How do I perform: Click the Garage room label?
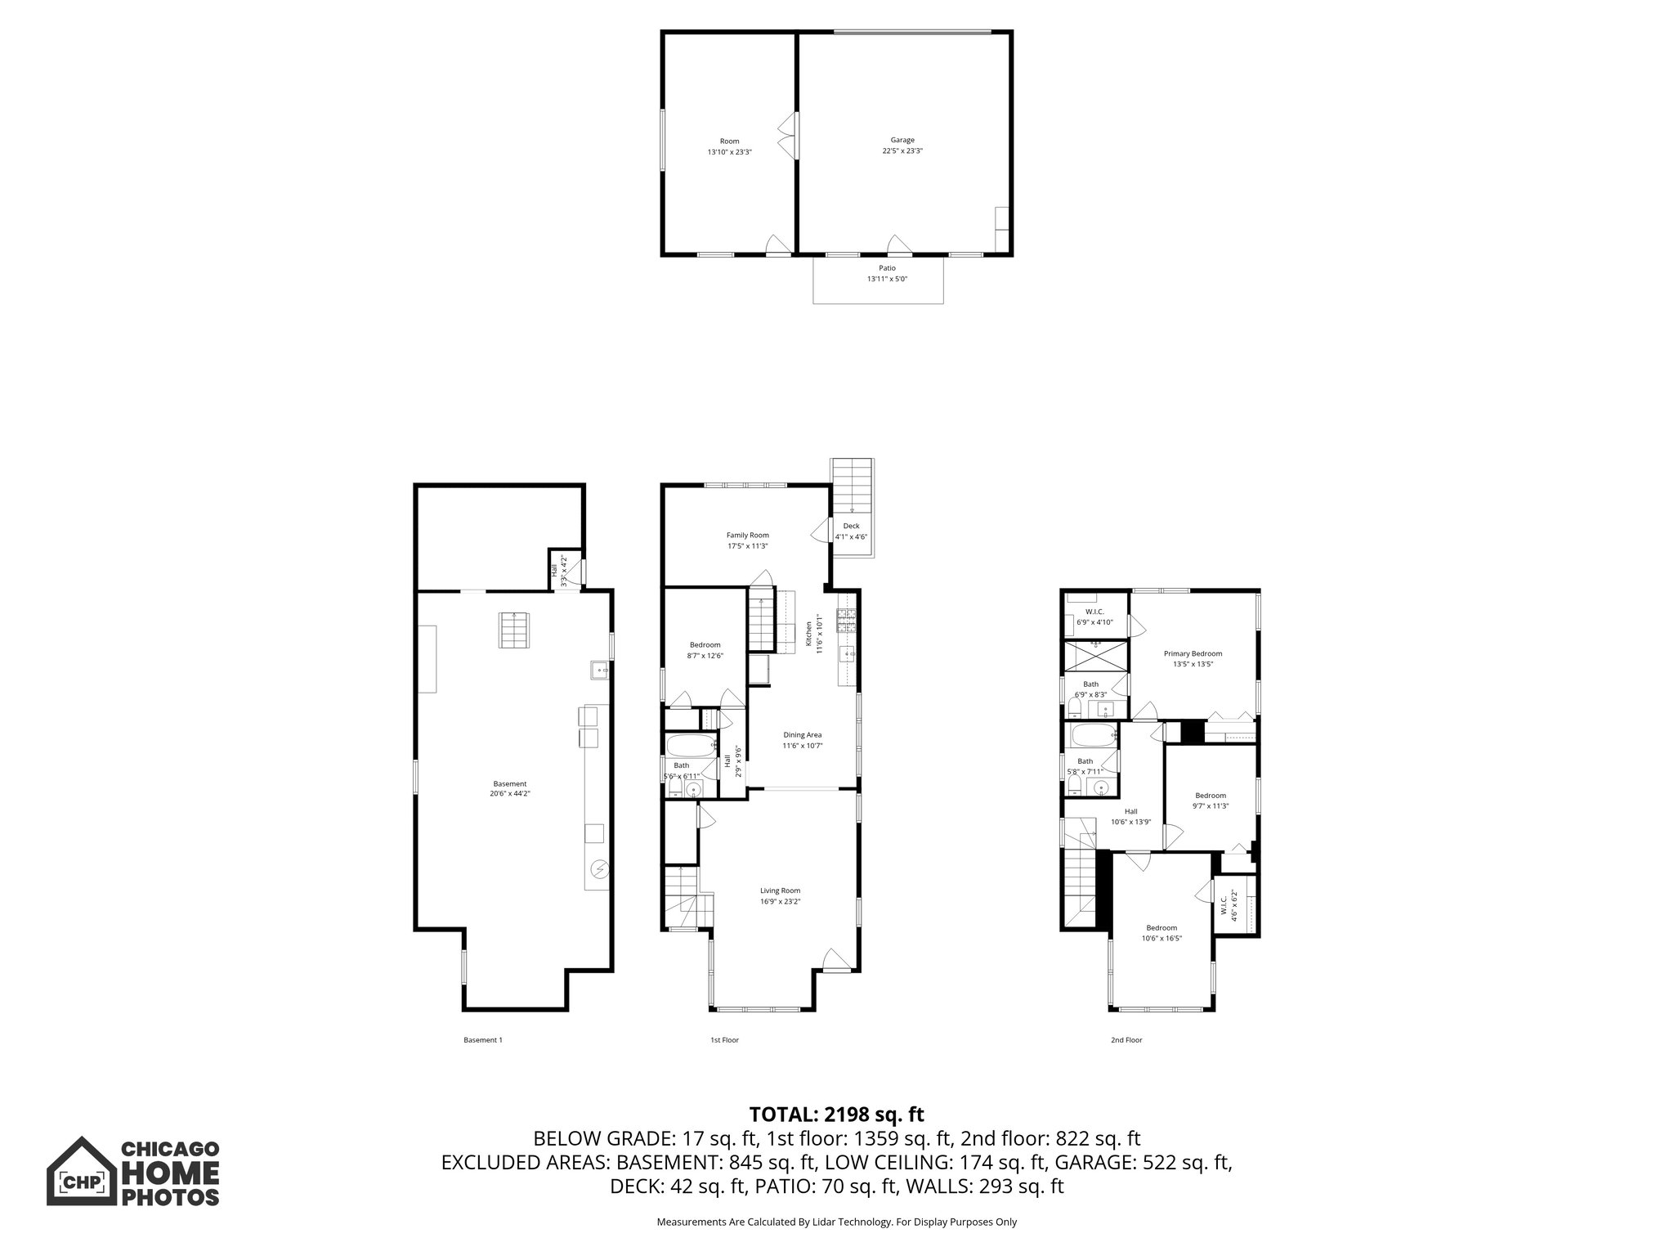click(x=902, y=146)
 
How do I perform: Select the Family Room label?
click(x=747, y=541)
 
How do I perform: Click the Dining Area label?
click(x=802, y=740)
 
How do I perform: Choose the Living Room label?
click(x=780, y=895)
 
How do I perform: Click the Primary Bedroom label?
click(x=1193, y=658)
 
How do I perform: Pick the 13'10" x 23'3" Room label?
click(x=729, y=146)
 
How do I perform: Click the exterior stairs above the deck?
click(x=853, y=485)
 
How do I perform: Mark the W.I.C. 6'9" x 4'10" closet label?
click(x=1094, y=617)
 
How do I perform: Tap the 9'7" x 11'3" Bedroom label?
click(x=1211, y=801)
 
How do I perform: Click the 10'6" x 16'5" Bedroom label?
click(x=1161, y=932)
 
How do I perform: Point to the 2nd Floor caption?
click(x=1126, y=1040)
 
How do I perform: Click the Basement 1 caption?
click(x=483, y=1040)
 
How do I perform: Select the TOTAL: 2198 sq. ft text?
click(x=836, y=1114)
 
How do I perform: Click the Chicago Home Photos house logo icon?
click(x=79, y=1171)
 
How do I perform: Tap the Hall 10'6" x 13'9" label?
click(x=1130, y=816)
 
